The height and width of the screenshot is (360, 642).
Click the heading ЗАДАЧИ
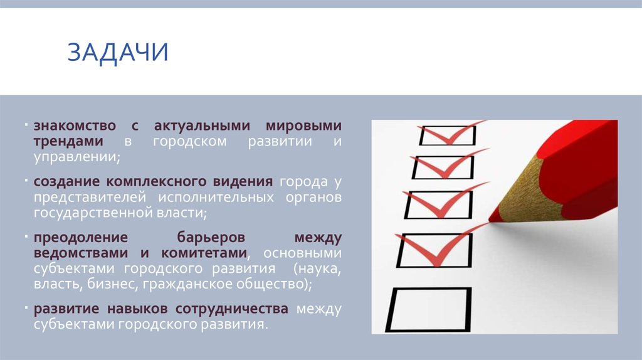pyautogui.click(x=118, y=52)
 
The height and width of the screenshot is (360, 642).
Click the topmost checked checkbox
pyautogui.click(x=447, y=135)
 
